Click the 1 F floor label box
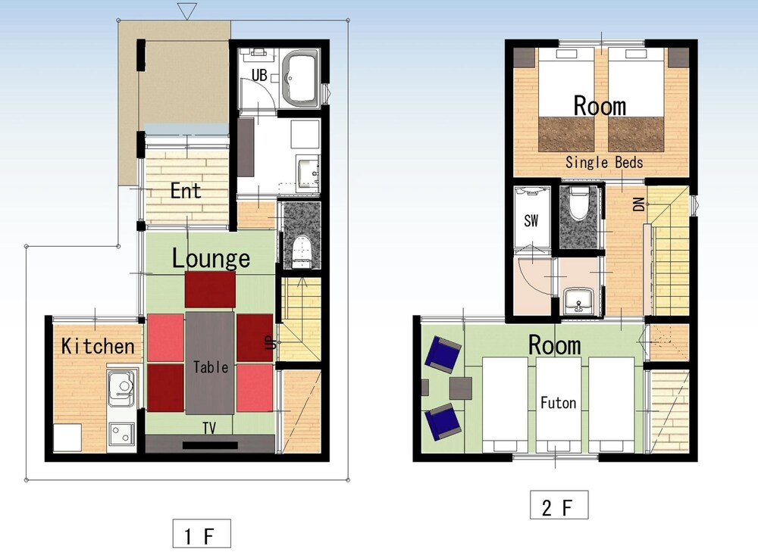(202, 534)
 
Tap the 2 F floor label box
(559, 505)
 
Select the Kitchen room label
(98, 346)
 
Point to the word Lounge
(211, 258)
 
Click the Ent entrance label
(186, 191)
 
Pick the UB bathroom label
(259, 76)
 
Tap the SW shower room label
(531, 221)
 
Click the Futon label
(559, 403)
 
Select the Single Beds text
(604, 162)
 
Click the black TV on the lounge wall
(210, 445)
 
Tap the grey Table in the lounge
(210, 363)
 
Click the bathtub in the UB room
(300, 79)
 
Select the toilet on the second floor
(578, 204)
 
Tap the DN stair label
(638, 204)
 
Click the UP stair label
(271, 342)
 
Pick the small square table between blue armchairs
(460, 388)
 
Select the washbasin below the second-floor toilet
(578, 301)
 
